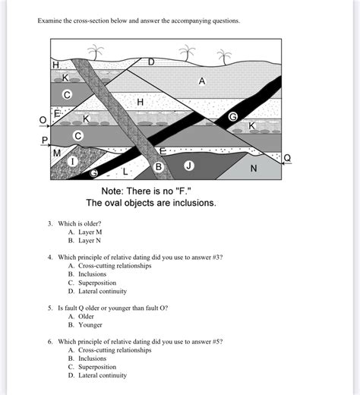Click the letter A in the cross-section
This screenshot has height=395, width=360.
pyautogui.click(x=202, y=81)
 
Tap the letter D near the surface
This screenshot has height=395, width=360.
pyautogui.click(x=150, y=62)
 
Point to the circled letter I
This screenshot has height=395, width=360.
pyautogui.click(x=74, y=162)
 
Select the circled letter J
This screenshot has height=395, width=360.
pyautogui.click(x=189, y=165)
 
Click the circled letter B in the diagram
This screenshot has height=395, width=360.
pyautogui.click(x=159, y=166)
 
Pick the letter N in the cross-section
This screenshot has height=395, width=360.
pyautogui.click(x=254, y=168)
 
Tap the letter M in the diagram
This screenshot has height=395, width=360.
pyautogui.click(x=57, y=153)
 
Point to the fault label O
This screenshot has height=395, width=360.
pyautogui.click(x=43, y=120)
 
